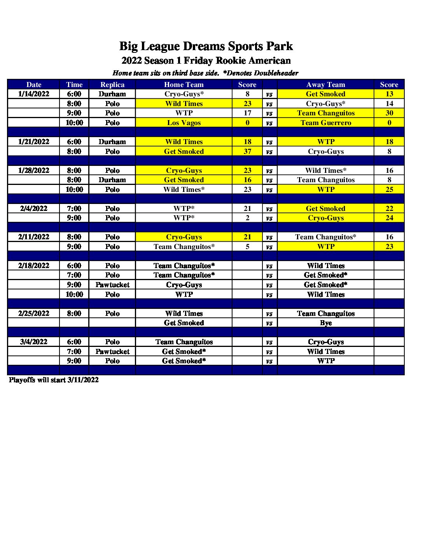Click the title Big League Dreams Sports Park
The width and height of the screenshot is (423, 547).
206,46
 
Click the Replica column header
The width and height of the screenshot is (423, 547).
112,85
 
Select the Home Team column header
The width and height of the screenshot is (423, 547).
184,85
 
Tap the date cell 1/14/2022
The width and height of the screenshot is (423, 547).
34,94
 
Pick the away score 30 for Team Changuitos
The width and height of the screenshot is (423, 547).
389,113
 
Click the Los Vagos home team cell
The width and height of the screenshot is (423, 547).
184,123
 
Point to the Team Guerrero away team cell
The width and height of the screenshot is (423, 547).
326,123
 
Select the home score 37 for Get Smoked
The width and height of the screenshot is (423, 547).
247,152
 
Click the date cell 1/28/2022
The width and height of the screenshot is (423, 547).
34,171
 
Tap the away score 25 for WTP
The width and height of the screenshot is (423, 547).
389,190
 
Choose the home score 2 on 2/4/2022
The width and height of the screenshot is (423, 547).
247,218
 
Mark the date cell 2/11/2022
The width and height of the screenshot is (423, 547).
34,237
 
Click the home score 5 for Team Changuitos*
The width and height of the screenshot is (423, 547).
247,247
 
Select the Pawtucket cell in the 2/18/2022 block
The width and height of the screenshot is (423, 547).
112,285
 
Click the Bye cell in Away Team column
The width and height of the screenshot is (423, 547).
326,323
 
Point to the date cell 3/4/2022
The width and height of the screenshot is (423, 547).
34,342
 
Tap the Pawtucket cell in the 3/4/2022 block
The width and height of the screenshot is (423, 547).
112,352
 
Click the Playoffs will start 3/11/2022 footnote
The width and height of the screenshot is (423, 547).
54,380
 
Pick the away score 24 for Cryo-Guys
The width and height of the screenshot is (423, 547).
389,218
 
